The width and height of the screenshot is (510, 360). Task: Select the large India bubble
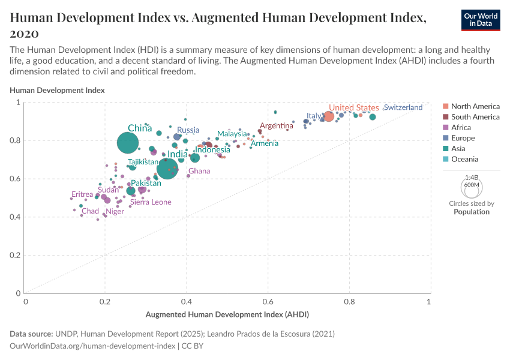coord(167,169)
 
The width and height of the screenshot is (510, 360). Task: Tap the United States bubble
coord(329,116)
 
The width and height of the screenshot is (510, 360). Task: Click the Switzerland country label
coord(403,107)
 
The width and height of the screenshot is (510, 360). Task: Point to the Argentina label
coord(277,126)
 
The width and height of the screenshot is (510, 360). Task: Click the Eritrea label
coord(82,194)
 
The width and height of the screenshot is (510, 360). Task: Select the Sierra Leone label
coord(151,202)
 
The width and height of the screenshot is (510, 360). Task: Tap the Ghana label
coord(199,171)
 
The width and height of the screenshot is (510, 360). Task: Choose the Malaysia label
coord(232,134)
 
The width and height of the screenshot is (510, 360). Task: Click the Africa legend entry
coord(461,127)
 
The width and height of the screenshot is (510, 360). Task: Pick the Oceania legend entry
coord(465,159)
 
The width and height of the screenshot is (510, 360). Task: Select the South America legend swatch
coord(445,117)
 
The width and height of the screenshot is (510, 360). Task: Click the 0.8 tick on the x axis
coord(349,302)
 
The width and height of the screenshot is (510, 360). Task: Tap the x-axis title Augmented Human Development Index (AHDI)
coord(227,314)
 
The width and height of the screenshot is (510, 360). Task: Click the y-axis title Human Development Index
coord(57,90)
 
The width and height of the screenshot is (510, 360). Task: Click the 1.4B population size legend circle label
coord(472,178)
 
